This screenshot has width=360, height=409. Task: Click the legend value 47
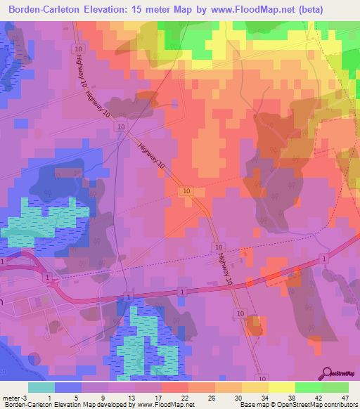click(345, 397)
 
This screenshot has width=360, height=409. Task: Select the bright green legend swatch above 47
click(335, 387)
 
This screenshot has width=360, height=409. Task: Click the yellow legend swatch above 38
click(282, 387)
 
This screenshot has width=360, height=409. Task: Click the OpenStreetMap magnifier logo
click(328, 373)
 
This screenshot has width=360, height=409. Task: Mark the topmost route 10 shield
click(77, 48)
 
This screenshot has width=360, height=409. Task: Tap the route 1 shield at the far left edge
click(3, 261)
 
